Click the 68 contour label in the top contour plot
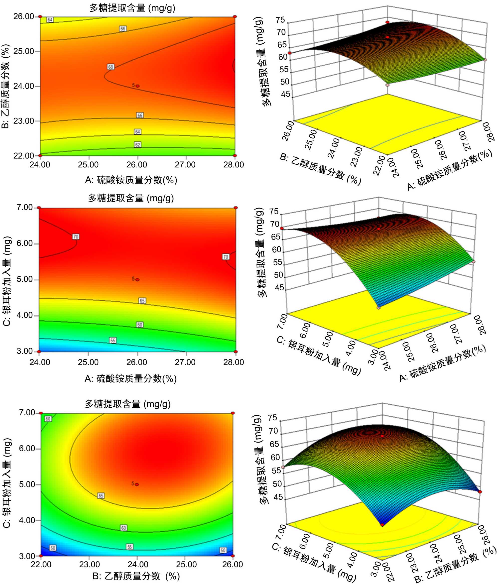click(111, 67)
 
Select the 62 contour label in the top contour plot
click(137, 145)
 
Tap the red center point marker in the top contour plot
click(137, 86)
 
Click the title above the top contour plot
click(132, 8)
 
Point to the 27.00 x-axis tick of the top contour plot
click(185, 165)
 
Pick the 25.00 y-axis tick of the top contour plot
click(24, 51)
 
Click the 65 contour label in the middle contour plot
click(142, 301)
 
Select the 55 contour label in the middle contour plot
click(113, 341)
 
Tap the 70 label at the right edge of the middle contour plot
click(226, 257)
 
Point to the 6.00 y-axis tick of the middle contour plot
click(25, 243)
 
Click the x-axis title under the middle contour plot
click(131, 378)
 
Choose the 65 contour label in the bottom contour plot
click(101, 496)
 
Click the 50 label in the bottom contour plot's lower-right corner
click(223, 550)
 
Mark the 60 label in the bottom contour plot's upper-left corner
click(48, 419)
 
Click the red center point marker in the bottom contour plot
click(137, 484)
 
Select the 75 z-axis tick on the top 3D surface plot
click(280, 20)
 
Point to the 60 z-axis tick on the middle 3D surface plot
click(276, 249)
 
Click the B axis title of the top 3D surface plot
click(320, 169)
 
